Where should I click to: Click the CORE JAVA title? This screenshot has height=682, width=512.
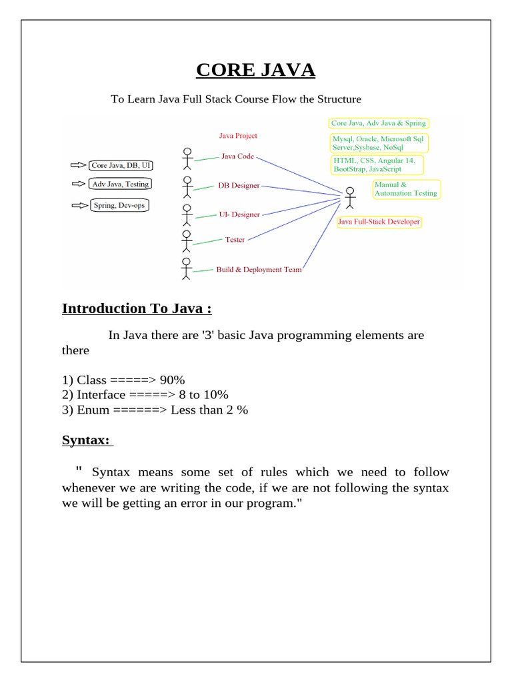(256, 70)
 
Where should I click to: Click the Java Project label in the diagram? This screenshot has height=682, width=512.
(238, 136)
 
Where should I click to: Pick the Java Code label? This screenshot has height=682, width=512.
(237, 157)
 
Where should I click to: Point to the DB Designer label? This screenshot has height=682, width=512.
(239, 185)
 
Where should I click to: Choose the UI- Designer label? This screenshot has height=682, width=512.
(239, 214)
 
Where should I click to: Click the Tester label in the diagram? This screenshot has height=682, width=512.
(235, 240)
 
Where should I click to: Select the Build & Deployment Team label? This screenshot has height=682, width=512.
(259, 270)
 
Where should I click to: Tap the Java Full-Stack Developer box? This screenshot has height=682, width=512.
(379, 222)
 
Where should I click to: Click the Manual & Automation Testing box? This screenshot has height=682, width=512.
(405, 189)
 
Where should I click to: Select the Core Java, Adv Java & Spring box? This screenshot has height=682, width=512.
(378, 123)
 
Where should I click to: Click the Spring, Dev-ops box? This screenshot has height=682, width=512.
(119, 206)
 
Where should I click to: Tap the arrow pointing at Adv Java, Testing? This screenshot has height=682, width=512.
(78, 184)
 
